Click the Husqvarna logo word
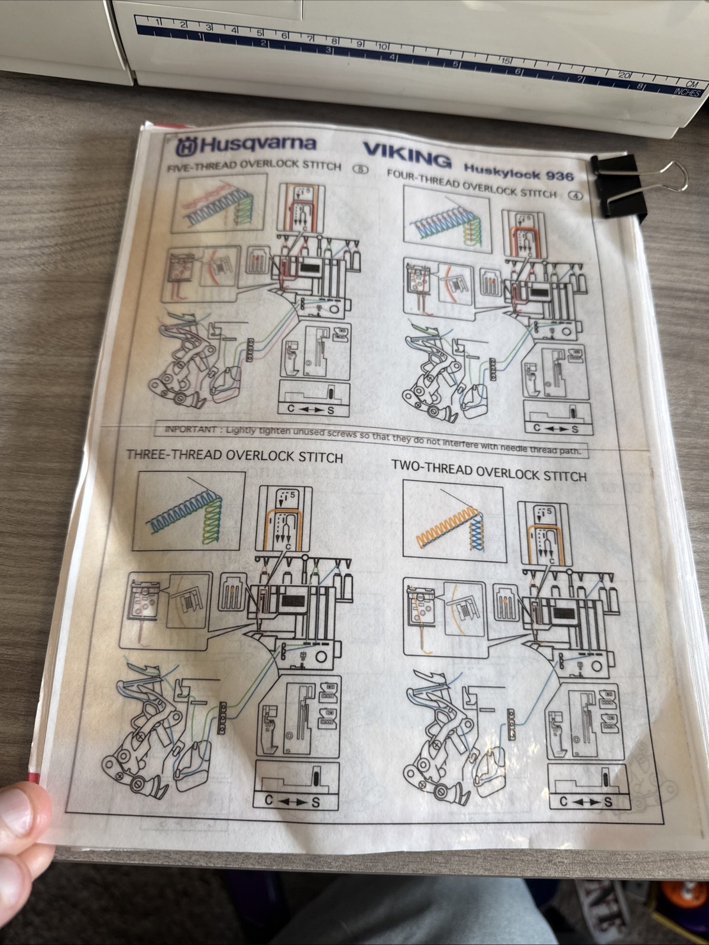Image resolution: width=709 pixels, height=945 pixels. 257,144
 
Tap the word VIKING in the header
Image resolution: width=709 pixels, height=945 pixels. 407,155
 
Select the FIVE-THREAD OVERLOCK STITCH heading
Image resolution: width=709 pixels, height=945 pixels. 254,165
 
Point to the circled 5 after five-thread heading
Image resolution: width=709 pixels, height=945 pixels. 360,169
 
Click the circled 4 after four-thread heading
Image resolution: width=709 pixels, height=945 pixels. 575,196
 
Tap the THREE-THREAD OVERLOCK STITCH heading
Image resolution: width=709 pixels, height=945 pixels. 234,456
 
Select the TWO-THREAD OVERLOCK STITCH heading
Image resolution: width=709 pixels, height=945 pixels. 488,470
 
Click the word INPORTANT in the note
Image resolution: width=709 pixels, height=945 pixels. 190,429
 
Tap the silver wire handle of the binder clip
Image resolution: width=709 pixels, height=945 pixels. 668,176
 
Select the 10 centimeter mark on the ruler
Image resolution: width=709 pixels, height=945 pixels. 383,46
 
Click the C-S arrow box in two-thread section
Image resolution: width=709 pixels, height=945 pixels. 585,801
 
